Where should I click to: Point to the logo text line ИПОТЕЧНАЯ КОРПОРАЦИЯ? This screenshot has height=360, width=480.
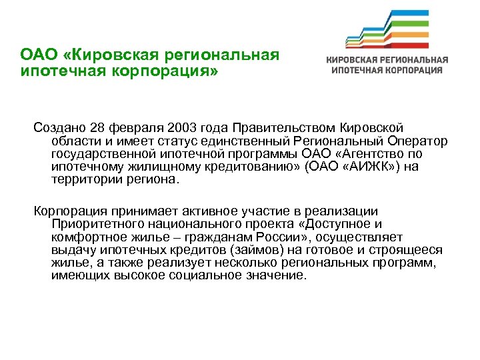[387, 69]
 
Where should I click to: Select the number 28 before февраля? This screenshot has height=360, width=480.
[97, 127]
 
